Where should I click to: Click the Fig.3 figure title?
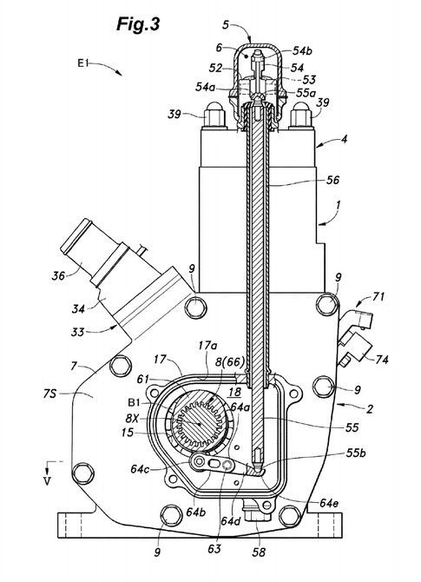(138, 24)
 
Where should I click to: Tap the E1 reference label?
(82, 63)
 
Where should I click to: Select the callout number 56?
(332, 180)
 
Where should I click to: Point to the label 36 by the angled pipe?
(58, 275)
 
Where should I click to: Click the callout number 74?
(382, 360)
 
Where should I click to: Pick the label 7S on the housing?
(49, 393)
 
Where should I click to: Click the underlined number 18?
(234, 392)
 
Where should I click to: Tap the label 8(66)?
(230, 362)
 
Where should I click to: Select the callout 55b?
(356, 453)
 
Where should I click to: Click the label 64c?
(141, 468)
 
